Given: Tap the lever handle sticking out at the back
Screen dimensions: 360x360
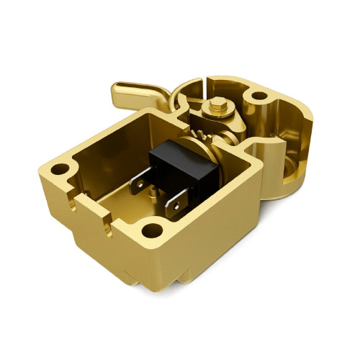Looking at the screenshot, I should click(137, 94).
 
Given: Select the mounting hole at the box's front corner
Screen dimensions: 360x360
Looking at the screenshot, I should click(152, 230).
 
